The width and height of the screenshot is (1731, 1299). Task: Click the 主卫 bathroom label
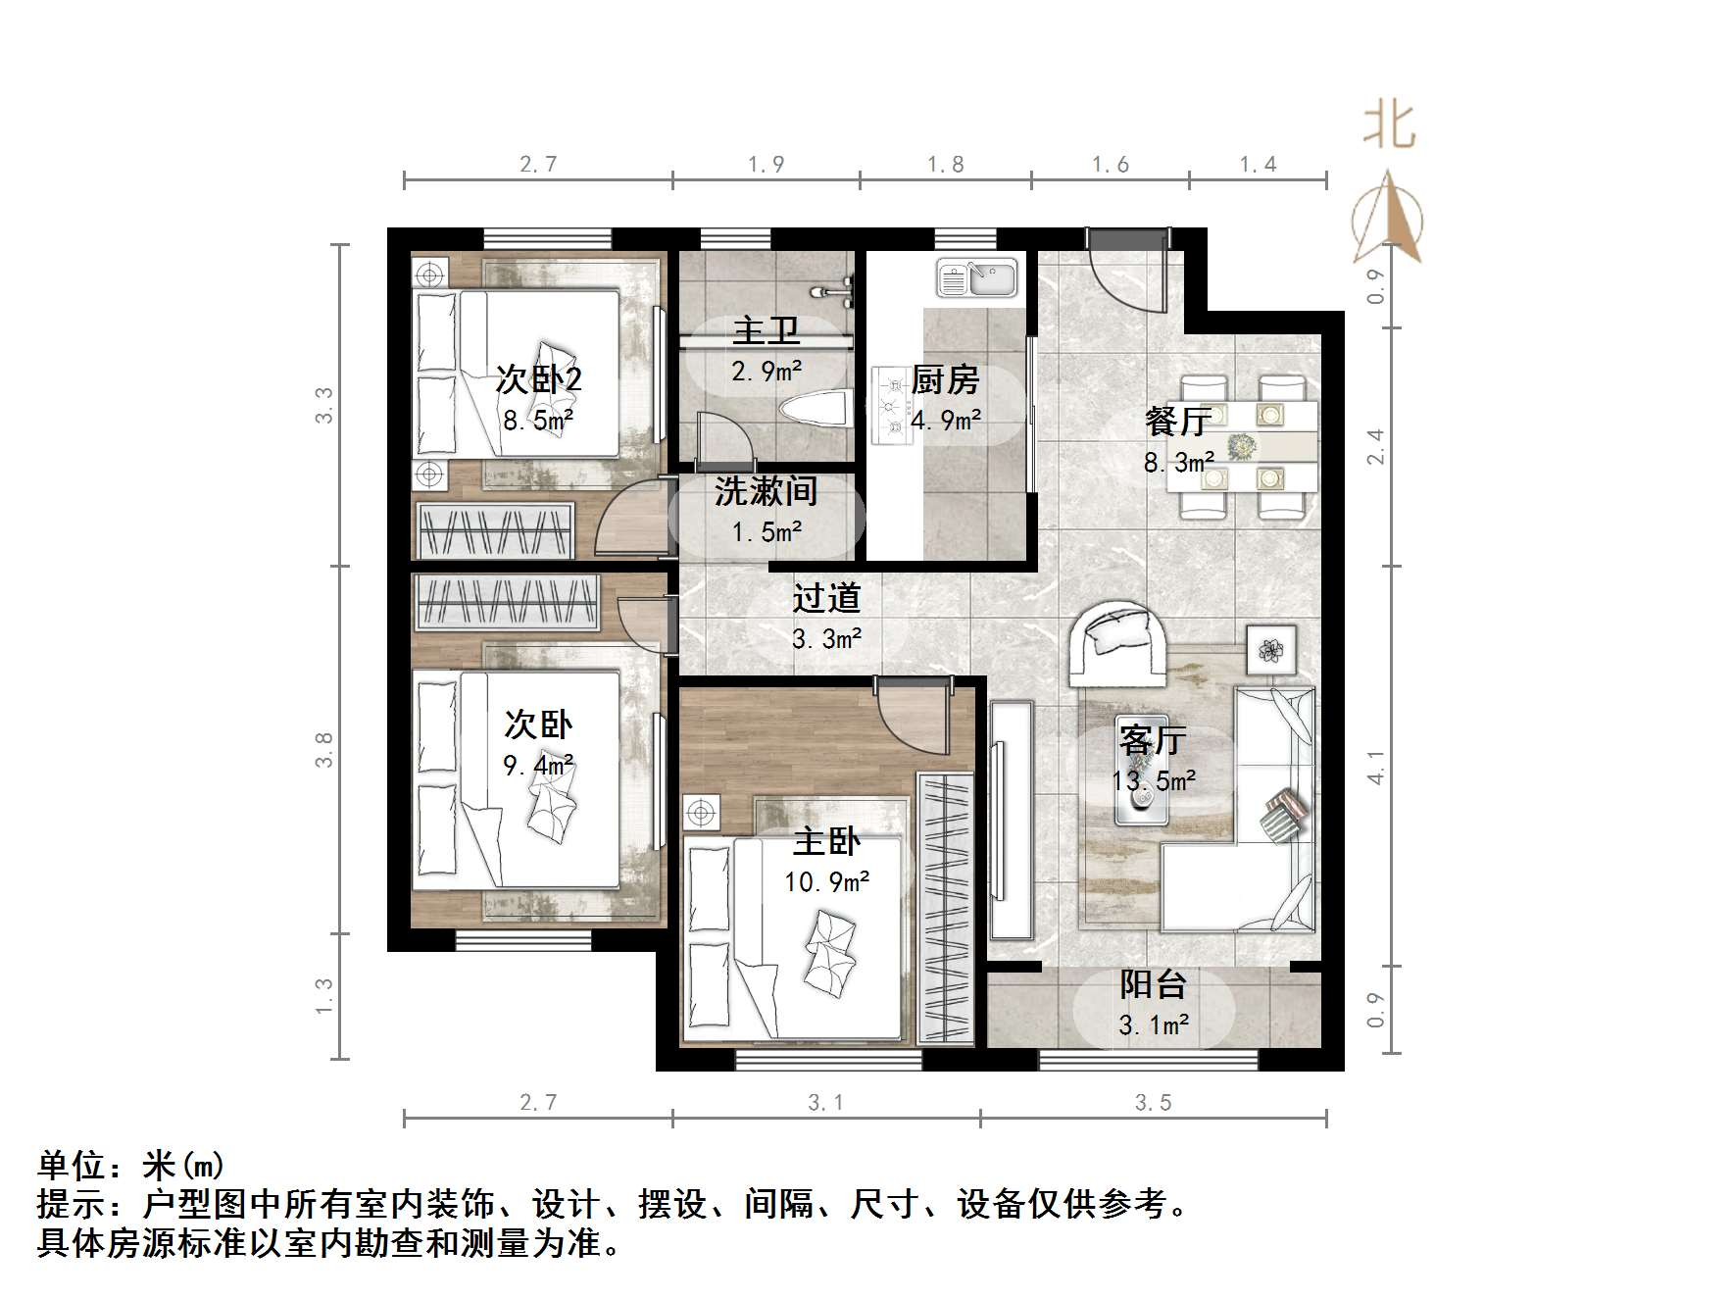point(767,330)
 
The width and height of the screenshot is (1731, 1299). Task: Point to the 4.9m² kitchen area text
point(946,421)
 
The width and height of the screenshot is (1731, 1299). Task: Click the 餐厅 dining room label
point(1178,422)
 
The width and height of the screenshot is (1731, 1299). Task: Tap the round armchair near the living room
point(1118,642)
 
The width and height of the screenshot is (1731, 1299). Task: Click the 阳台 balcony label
point(1154,983)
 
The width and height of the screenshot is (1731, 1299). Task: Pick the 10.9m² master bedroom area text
point(827,882)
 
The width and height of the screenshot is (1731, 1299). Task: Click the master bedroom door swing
point(913,717)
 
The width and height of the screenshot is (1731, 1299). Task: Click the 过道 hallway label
point(826,598)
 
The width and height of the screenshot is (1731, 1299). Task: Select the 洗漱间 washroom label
point(766,491)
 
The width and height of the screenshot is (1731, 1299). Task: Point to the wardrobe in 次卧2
point(496,530)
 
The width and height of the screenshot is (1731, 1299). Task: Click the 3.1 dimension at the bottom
point(825,1103)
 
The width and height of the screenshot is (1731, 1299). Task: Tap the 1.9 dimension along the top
point(766,165)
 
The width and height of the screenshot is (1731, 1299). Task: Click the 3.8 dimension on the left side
point(324,750)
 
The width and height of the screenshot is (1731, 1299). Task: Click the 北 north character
point(1389,125)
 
